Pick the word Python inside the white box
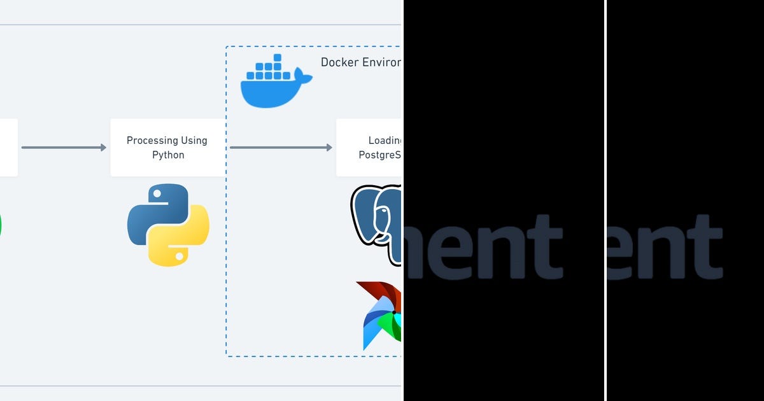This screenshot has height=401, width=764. pyautogui.click(x=168, y=155)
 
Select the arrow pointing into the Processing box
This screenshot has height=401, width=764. pyautogui.click(x=64, y=148)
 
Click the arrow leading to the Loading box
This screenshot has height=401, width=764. pyautogui.click(x=281, y=148)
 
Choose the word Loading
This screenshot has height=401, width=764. pyautogui.click(x=385, y=141)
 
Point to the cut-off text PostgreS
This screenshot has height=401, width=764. pyautogui.click(x=379, y=155)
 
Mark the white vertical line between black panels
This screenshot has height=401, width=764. pyautogui.click(x=605, y=200)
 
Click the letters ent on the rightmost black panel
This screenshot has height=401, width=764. pyautogui.click(x=666, y=248)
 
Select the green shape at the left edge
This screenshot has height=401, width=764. pyautogui.click(x=1, y=226)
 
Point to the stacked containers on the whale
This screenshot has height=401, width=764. pyautogui.click(x=268, y=68)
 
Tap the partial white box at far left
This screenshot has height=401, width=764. pyautogui.click(x=8, y=148)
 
